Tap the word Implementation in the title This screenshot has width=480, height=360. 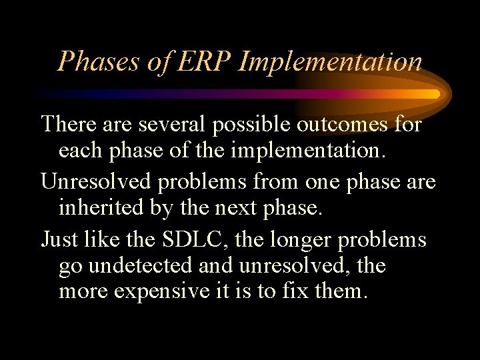click(x=330, y=61)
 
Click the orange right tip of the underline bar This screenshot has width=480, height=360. click(x=435, y=94)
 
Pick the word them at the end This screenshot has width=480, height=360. click(x=343, y=292)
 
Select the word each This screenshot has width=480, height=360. click(x=80, y=151)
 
